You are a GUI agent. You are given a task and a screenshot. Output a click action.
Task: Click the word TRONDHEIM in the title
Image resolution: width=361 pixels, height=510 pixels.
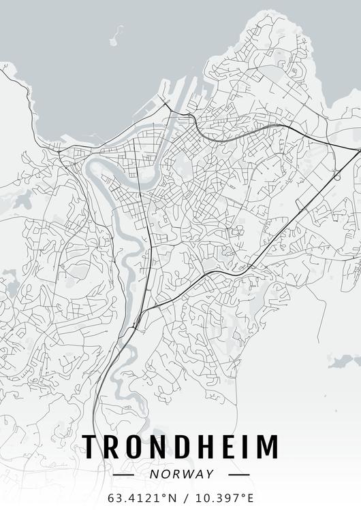pos(180,446)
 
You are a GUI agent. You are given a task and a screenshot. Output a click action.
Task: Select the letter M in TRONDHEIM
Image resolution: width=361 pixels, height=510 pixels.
pos(268,446)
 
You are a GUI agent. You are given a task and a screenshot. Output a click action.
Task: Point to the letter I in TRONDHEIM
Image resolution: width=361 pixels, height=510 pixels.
pos(249,446)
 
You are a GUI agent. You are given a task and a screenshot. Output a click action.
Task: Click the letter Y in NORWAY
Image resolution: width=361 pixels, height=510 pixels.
pos(209,474)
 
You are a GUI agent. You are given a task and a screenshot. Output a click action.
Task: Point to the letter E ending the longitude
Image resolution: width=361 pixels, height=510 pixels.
pos(252,498)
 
